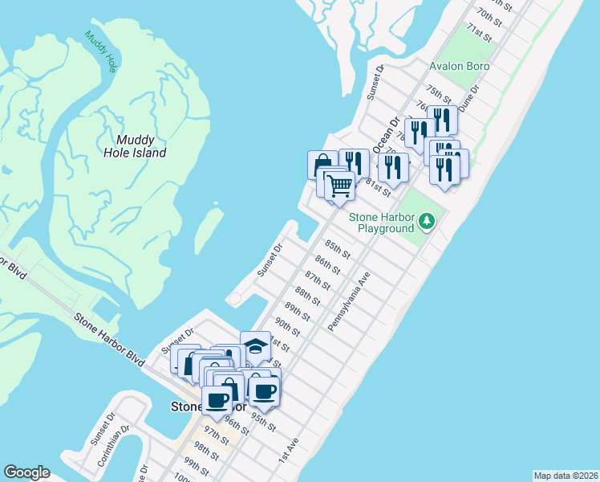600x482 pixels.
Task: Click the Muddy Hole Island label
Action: click(135, 145)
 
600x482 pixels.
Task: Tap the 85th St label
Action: click(338, 249)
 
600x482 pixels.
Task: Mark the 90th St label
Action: click(286, 327)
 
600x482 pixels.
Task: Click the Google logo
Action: click(26, 472)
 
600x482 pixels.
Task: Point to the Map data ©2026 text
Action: click(565, 476)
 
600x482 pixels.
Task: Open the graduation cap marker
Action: click(255, 346)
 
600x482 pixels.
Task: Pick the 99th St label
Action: click(196, 467)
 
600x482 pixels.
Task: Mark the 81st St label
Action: click(377, 188)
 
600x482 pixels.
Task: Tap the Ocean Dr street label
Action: click(387, 133)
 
